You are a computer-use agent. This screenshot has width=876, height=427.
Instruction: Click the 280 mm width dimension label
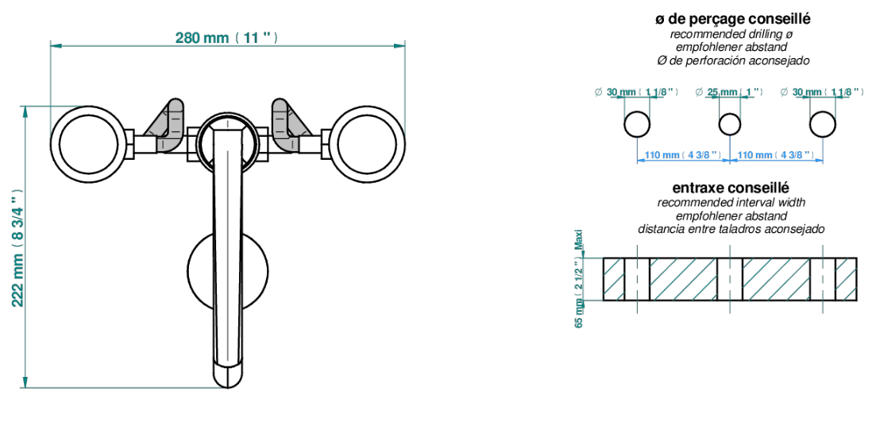227,37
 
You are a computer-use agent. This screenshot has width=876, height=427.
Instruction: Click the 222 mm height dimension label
17,246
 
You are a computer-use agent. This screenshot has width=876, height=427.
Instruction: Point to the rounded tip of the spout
228,375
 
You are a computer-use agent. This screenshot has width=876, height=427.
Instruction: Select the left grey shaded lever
168,126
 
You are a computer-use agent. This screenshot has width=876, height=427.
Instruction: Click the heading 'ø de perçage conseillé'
733,20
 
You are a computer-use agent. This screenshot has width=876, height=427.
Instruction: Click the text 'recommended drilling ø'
731,34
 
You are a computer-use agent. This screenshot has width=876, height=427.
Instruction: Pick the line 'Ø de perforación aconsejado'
733,60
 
